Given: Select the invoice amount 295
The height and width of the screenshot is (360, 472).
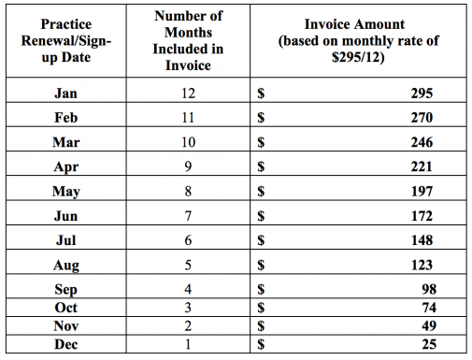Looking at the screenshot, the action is (x=422, y=94).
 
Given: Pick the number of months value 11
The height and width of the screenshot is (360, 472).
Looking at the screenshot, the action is (x=190, y=118).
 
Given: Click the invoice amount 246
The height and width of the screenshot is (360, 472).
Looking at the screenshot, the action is (x=422, y=142).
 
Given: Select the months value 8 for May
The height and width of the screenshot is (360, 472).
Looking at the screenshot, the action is (x=190, y=191).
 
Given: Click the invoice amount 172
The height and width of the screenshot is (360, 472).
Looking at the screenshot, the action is (x=422, y=215).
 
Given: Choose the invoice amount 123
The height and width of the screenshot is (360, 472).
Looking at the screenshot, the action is (x=422, y=264).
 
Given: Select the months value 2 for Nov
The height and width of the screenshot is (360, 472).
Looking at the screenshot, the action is (x=190, y=324).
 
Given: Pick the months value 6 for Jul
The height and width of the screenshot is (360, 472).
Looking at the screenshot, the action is (x=190, y=239).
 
